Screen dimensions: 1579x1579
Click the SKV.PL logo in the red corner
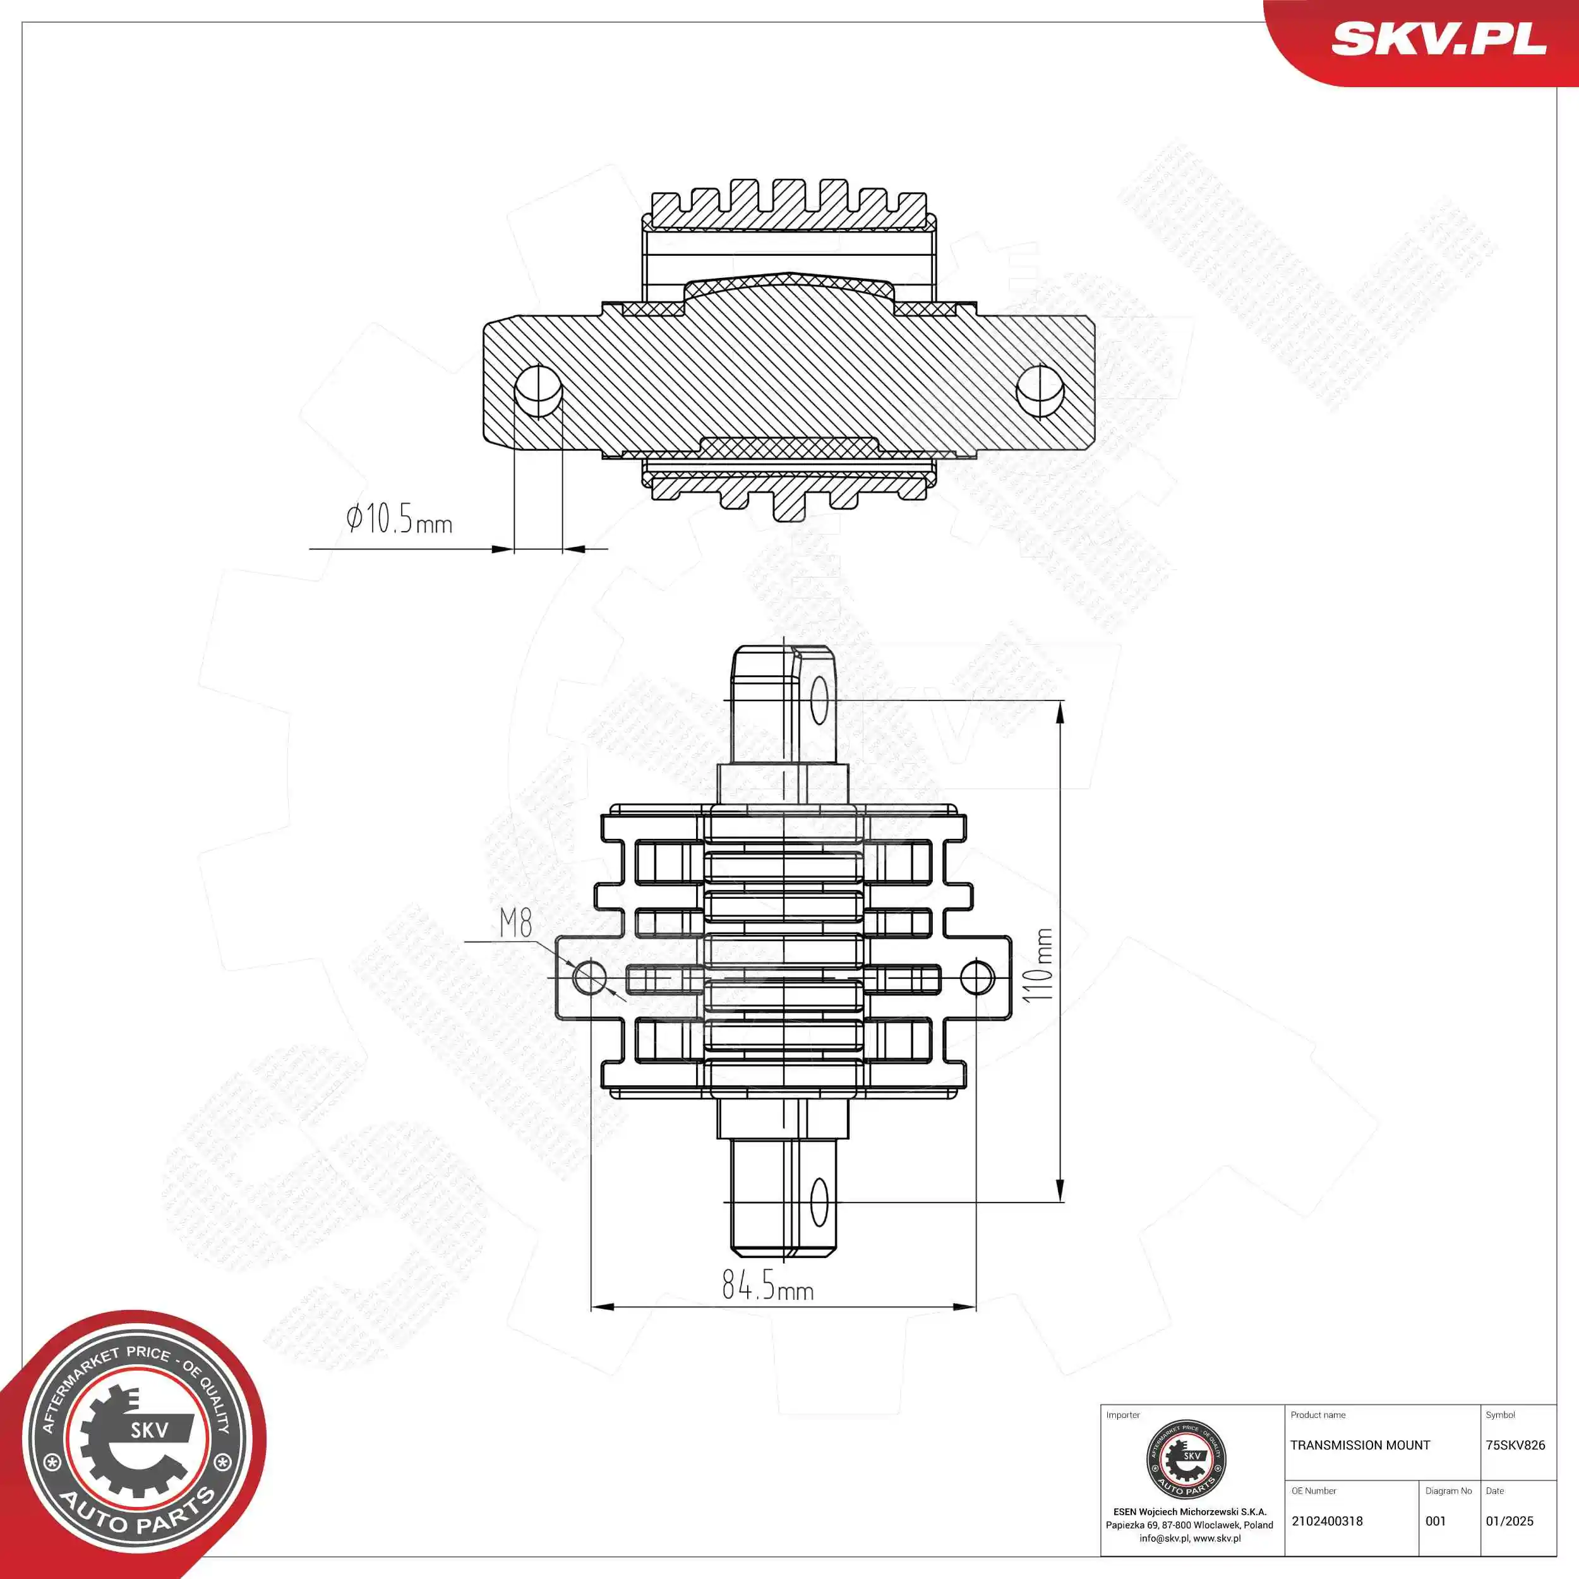click(1438, 39)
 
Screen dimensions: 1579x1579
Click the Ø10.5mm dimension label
click(399, 519)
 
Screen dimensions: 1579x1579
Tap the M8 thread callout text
click(516, 923)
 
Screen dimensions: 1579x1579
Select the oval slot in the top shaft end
click(818, 700)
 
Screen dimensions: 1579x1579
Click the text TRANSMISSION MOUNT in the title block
click(1360, 1445)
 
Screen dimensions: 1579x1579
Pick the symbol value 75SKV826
click(1515, 1445)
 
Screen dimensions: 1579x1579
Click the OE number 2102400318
click(1327, 1521)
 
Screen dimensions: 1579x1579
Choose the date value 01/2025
click(1510, 1521)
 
